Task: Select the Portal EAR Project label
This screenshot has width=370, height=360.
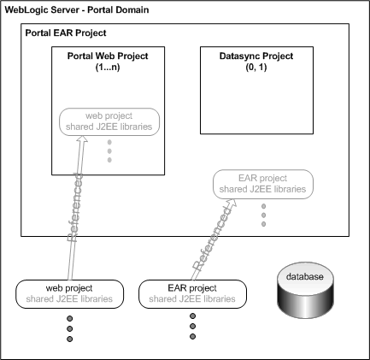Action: pos(66,33)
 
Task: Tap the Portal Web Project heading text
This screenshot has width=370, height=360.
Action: pos(108,56)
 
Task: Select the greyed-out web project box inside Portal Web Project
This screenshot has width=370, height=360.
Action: pos(108,121)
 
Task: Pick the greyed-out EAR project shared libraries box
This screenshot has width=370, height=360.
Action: pos(262,183)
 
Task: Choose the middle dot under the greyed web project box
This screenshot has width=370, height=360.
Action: pos(109,152)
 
